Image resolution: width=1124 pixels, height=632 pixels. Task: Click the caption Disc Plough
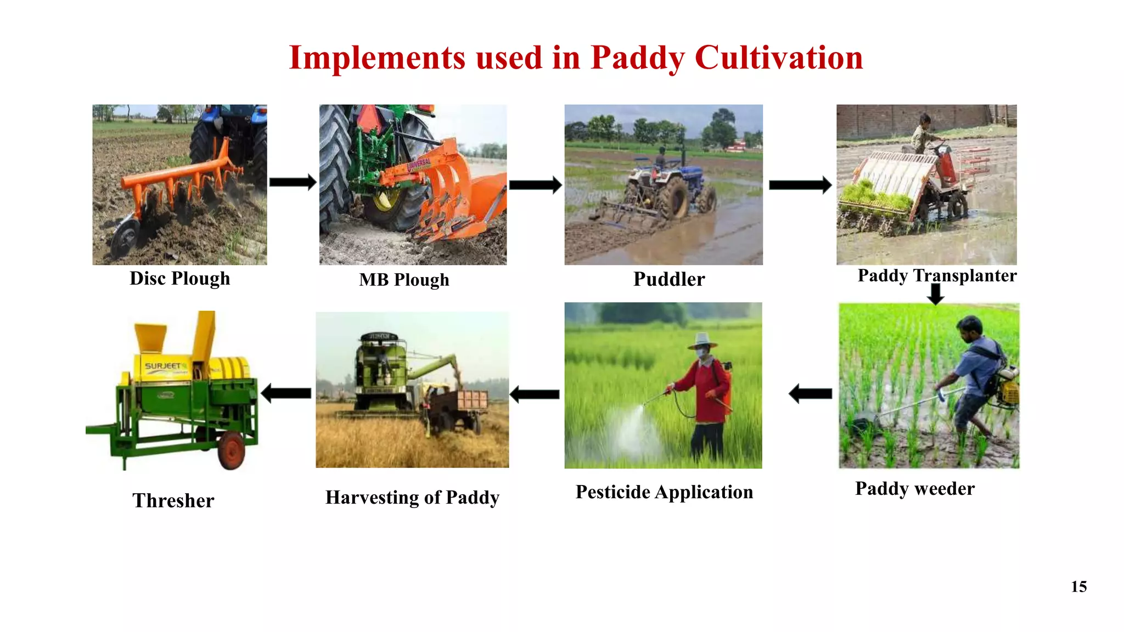[179, 279]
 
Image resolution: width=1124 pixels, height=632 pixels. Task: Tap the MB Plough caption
[404, 280]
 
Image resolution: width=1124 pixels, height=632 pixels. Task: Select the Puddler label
[668, 279]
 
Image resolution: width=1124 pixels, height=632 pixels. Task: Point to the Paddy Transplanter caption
[936, 275]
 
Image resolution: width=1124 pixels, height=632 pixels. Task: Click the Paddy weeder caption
[914, 488]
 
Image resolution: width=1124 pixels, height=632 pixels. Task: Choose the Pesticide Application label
[664, 492]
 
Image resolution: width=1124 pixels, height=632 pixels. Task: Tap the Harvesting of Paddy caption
[412, 497]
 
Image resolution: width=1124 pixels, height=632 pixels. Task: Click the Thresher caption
[173, 500]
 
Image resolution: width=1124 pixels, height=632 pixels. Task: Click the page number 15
[1078, 586]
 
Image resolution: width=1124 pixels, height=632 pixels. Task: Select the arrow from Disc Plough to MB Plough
[293, 182]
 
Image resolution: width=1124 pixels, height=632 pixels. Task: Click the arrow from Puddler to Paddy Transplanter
[800, 185]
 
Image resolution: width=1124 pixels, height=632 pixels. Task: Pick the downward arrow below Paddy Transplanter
[935, 294]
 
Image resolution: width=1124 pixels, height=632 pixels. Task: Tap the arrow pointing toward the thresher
[286, 393]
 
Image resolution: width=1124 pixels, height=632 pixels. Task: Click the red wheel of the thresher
[231, 450]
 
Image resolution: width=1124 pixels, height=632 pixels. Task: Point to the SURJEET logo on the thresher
[164, 366]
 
